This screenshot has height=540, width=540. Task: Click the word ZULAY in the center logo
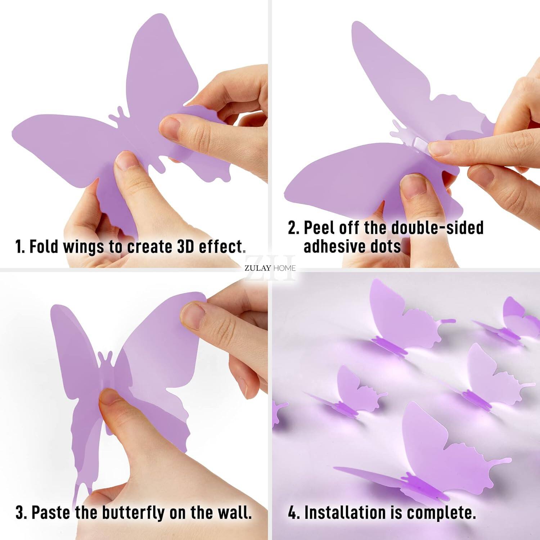pyautogui.click(x=258, y=268)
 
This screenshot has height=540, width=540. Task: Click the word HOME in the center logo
pyautogui.click(x=284, y=268)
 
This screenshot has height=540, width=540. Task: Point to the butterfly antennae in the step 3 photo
pyautogui.click(x=105, y=357)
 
